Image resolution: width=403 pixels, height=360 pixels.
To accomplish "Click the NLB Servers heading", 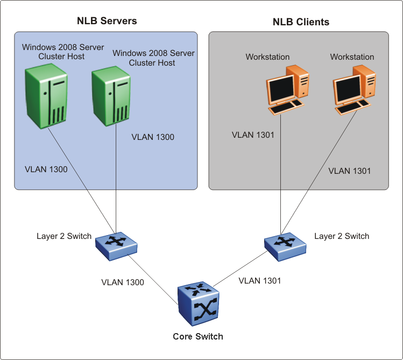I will coord(108,21).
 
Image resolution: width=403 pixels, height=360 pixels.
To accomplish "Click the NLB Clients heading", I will coord(301,22).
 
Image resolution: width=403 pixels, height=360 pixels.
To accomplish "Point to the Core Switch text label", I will coord(197,336).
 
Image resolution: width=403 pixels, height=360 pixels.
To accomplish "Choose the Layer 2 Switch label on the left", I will coord(64,236).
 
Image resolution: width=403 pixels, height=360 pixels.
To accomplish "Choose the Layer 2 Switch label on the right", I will coord(342,236).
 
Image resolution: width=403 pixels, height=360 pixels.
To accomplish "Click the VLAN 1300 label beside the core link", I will coord(123,282).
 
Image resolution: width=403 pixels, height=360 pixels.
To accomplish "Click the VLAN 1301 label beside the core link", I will coord(259,280).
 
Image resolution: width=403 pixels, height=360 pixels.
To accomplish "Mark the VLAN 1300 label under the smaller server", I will coord(153,137).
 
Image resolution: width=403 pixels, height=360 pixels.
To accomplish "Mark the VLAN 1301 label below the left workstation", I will coord(253,135).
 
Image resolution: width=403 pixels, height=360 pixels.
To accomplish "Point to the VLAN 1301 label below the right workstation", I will coord(349,171).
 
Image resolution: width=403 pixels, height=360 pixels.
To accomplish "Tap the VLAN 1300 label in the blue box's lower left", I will coord(46,170).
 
